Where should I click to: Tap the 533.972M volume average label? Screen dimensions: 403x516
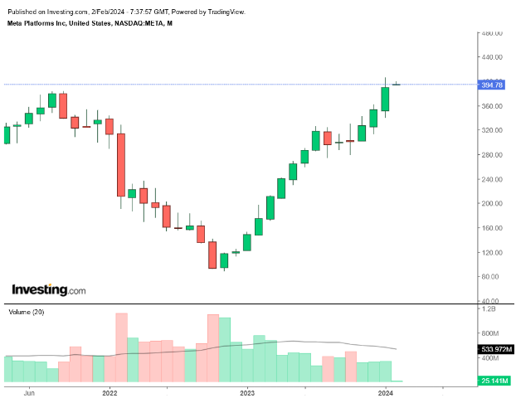click(495, 350)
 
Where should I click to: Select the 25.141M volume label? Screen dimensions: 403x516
click(494, 381)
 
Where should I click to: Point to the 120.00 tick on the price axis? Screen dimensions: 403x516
click(493, 252)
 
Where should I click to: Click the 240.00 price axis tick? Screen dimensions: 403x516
click(493, 179)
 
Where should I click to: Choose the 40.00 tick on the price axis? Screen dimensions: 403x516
click(493, 301)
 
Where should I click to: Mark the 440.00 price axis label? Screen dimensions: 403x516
click(493, 57)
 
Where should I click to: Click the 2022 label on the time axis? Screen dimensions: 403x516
click(110, 394)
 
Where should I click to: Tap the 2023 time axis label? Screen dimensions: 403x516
click(247, 394)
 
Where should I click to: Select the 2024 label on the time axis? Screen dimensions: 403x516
click(386, 394)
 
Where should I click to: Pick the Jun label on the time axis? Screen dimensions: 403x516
click(31, 394)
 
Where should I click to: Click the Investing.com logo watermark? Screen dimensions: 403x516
click(48, 290)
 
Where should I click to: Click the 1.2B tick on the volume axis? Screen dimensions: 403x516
click(490, 308)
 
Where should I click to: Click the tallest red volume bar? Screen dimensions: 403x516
click(122, 348)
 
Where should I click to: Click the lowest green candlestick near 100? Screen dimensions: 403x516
click(224, 260)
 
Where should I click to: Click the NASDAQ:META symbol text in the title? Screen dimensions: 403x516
click(139, 23)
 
